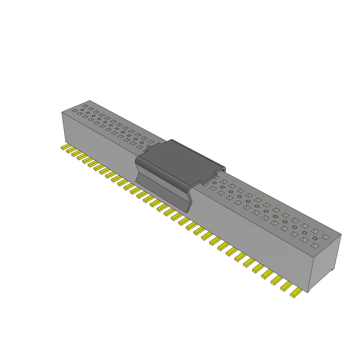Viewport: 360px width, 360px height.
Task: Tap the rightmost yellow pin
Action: click(296, 293)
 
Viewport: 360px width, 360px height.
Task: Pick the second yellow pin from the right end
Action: click(287, 287)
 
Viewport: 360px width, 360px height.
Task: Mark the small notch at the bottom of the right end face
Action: click(333, 270)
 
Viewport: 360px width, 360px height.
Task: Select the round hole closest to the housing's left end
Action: click(83, 110)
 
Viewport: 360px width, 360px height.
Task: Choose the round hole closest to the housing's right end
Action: click(315, 238)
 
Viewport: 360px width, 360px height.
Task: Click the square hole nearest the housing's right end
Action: click(326, 237)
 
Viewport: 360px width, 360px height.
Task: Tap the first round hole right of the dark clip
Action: click(214, 183)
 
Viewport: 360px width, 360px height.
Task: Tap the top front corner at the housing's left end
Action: click(62, 112)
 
